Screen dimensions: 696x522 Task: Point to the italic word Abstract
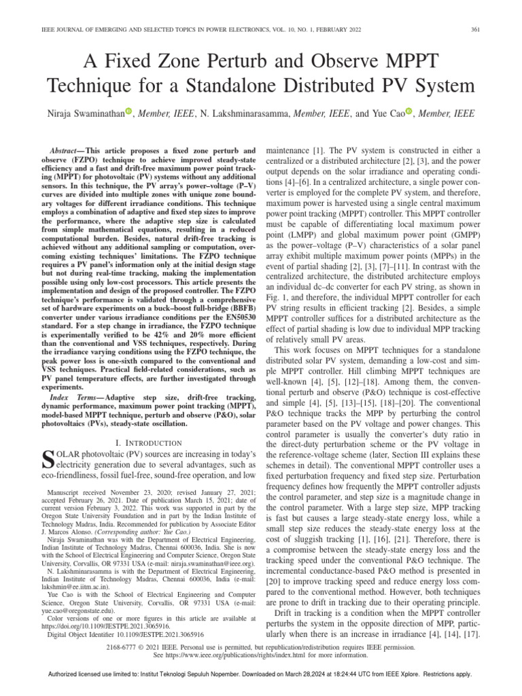click(67, 149)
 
